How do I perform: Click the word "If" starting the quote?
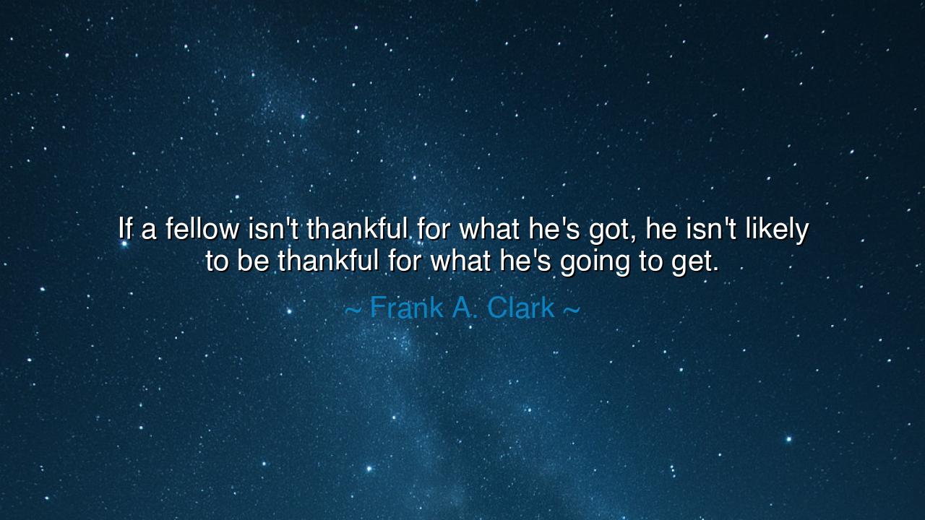tap(125, 230)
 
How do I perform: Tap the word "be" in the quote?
tap(253, 261)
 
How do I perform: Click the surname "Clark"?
tap(520, 308)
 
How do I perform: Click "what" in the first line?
tap(489, 230)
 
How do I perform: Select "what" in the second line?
tap(460, 261)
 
